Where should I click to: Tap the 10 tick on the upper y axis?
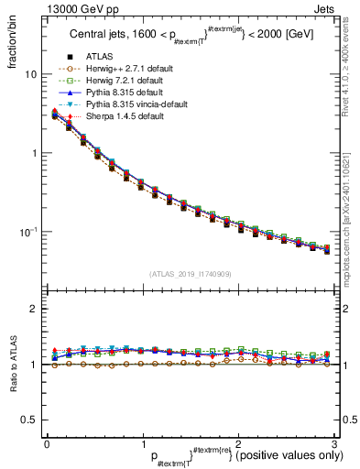click(31, 74)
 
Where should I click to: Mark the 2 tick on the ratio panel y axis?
click(33, 310)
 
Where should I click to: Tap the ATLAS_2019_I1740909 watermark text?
click(190, 274)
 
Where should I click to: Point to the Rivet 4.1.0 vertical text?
click(351, 69)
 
